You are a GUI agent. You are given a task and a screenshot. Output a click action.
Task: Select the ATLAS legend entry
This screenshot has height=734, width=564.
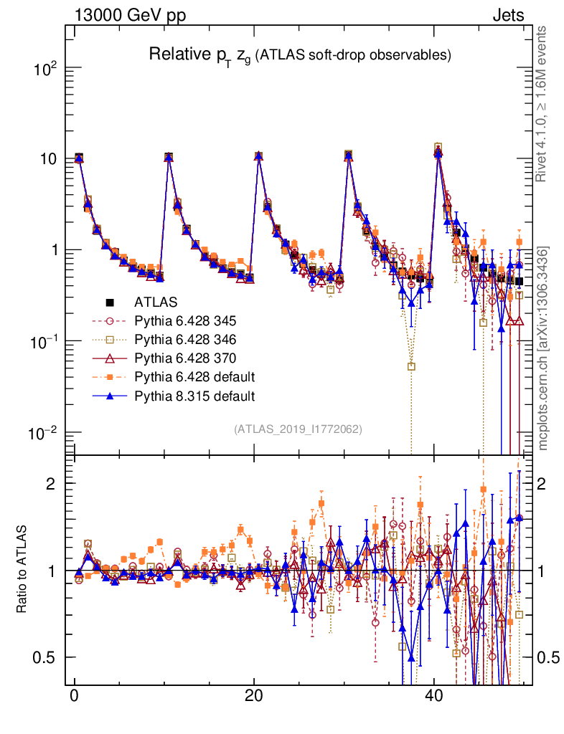(x=156, y=301)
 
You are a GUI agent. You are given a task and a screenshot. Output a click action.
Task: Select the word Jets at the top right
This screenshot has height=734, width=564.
(x=507, y=16)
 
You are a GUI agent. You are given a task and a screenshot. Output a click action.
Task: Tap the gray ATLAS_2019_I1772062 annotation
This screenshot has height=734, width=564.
(x=298, y=429)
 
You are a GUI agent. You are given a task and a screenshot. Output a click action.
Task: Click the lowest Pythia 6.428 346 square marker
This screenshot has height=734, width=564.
(x=411, y=366)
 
